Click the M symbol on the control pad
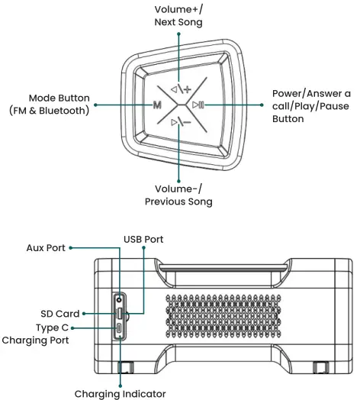[x=156, y=104]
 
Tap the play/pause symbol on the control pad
[x=198, y=105]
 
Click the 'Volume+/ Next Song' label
[x=178, y=15]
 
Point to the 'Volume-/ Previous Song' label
[x=178, y=195]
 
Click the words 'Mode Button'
[x=59, y=98]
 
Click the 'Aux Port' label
[x=45, y=247]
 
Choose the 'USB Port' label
[x=143, y=239]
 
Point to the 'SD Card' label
[x=59, y=314]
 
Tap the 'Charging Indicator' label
[x=120, y=393]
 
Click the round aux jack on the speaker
[x=121, y=298]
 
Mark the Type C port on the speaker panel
[x=121, y=329]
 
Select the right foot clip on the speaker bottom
[x=320, y=368]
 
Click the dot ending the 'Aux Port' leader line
[x=73, y=247]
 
